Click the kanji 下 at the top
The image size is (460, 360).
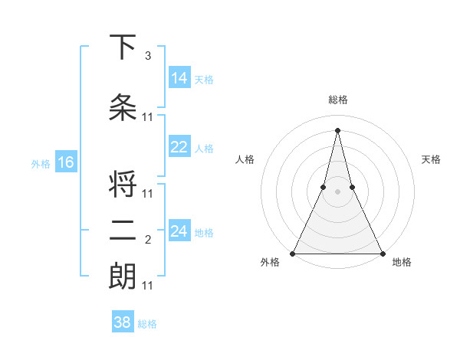(123, 47)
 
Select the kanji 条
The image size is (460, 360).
(123, 108)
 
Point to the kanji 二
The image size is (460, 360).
(123, 231)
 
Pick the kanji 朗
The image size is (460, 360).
(123, 277)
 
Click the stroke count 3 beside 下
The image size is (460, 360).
(148, 56)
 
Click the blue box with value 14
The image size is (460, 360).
(179, 78)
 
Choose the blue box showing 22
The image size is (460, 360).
(179, 147)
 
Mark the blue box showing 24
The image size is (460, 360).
(179, 231)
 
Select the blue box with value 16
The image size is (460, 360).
(65, 162)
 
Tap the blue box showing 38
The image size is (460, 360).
(122, 322)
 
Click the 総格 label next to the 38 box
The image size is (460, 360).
(147, 324)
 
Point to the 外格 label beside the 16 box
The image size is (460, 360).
(40, 163)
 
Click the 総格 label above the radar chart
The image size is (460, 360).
(337, 100)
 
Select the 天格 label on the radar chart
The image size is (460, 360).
(432, 159)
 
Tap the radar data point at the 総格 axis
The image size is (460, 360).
(337, 129)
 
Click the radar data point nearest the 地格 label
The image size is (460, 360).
(382, 253)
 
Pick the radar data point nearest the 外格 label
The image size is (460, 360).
(293, 253)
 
